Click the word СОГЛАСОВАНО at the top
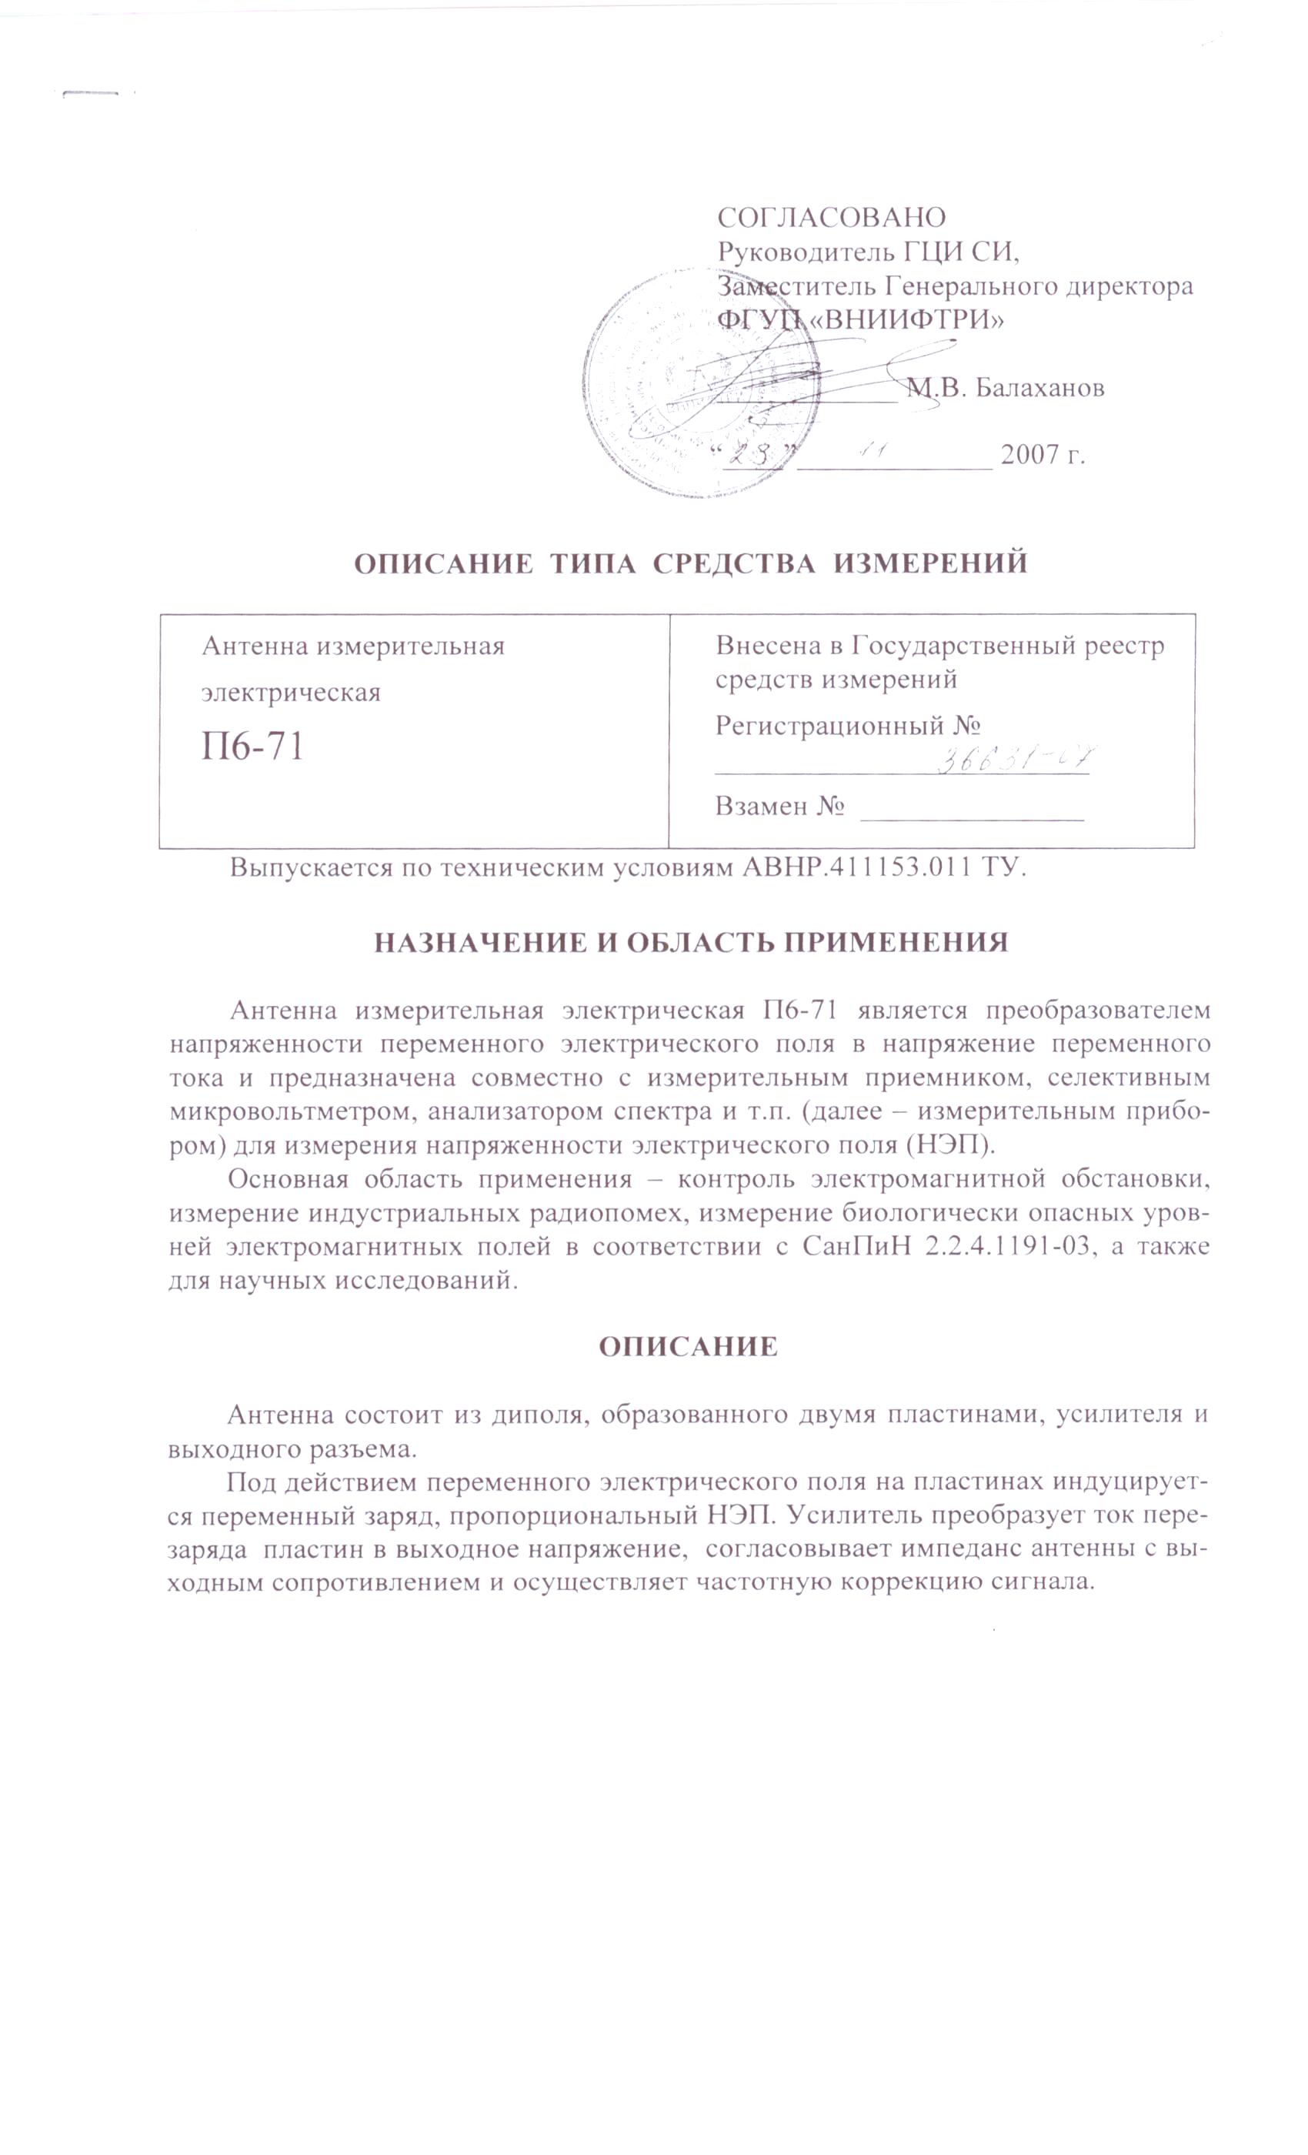point(831,216)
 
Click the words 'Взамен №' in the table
point(779,806)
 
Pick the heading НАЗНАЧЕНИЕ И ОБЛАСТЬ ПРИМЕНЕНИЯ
point(691,942)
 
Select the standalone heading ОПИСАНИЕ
point(688,1346)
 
